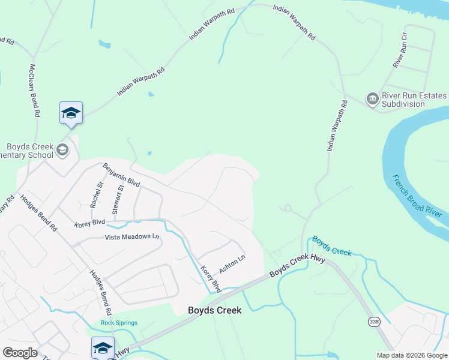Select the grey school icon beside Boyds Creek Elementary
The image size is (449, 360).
click(x=62, y=151)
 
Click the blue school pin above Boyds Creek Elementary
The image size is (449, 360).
click(x=71, y=113)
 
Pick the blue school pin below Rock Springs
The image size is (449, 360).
click(x=103, y=348)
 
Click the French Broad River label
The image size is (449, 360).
click(x=417, y=196)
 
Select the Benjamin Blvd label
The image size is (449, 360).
click(x=121, y=175)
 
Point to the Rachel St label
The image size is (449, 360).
click(x=97, y=196)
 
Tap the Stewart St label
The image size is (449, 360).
click(x=118, y=199)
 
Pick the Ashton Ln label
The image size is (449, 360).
click(x=232, y=263)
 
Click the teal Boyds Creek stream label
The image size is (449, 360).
click(x=332, y=245)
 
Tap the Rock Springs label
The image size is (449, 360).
click(x=119, y=323)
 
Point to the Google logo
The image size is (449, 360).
click(x=19, y=353)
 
